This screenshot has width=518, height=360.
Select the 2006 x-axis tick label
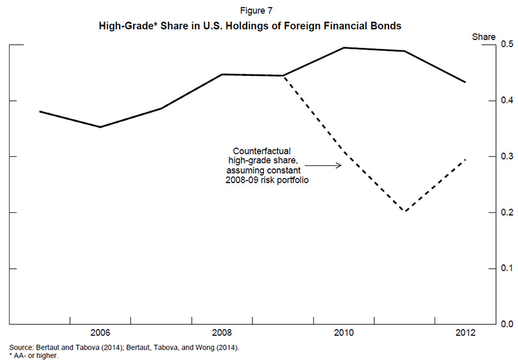[x=100, y=333]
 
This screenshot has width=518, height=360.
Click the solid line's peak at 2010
[x=343, y=47]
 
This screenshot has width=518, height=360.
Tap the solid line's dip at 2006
[x=100, y=127]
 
